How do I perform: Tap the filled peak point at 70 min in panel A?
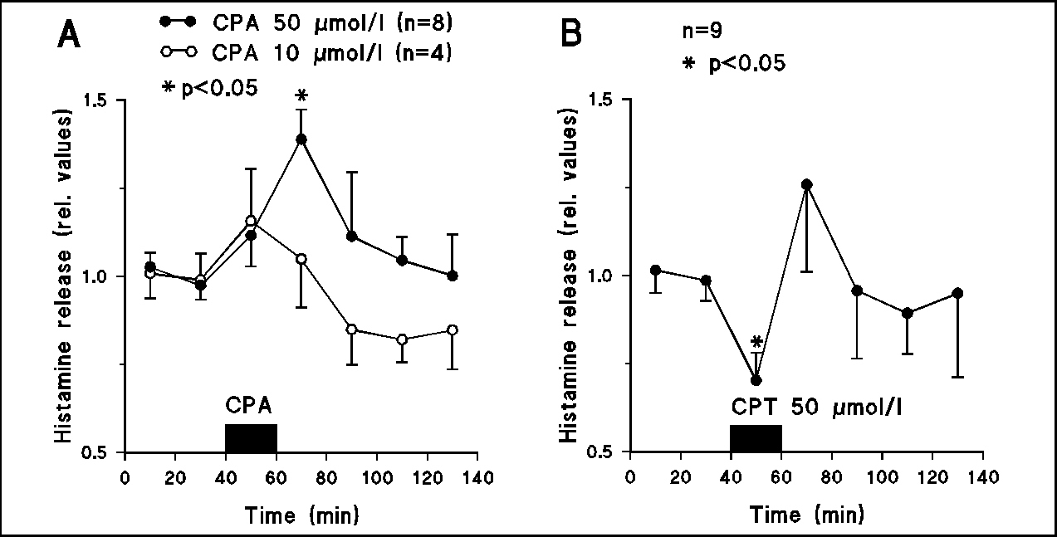coord(301,139)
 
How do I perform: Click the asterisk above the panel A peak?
coord(301,97)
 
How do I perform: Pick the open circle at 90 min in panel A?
coord(352,330)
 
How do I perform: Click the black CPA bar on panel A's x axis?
coord(251,437)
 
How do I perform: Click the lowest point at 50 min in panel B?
coord(756,380)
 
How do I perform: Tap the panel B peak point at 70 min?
coord(806,184)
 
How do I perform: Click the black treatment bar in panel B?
coord(756,437)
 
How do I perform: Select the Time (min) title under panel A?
coord(301,515)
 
